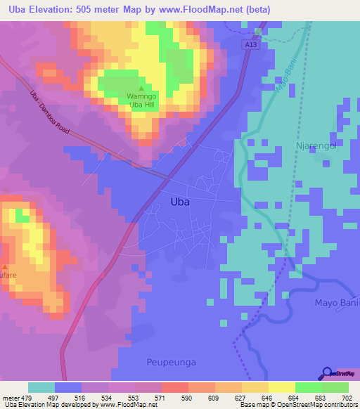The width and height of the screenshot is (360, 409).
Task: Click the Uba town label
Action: (181, 201)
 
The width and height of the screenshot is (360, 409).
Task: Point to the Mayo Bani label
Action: (335, 303)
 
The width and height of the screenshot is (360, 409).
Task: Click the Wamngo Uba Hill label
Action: (141, 100)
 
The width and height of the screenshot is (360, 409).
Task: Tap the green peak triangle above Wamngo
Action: (141, 89)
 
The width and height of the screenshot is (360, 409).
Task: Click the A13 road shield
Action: (252, 44)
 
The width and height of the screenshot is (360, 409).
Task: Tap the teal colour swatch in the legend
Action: (41, 387)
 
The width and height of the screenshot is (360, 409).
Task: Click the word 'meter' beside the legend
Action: (11, 397)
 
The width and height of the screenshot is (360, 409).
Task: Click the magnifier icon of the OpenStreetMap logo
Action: (327, 372)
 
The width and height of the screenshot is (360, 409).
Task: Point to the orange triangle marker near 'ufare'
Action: (5, 267)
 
